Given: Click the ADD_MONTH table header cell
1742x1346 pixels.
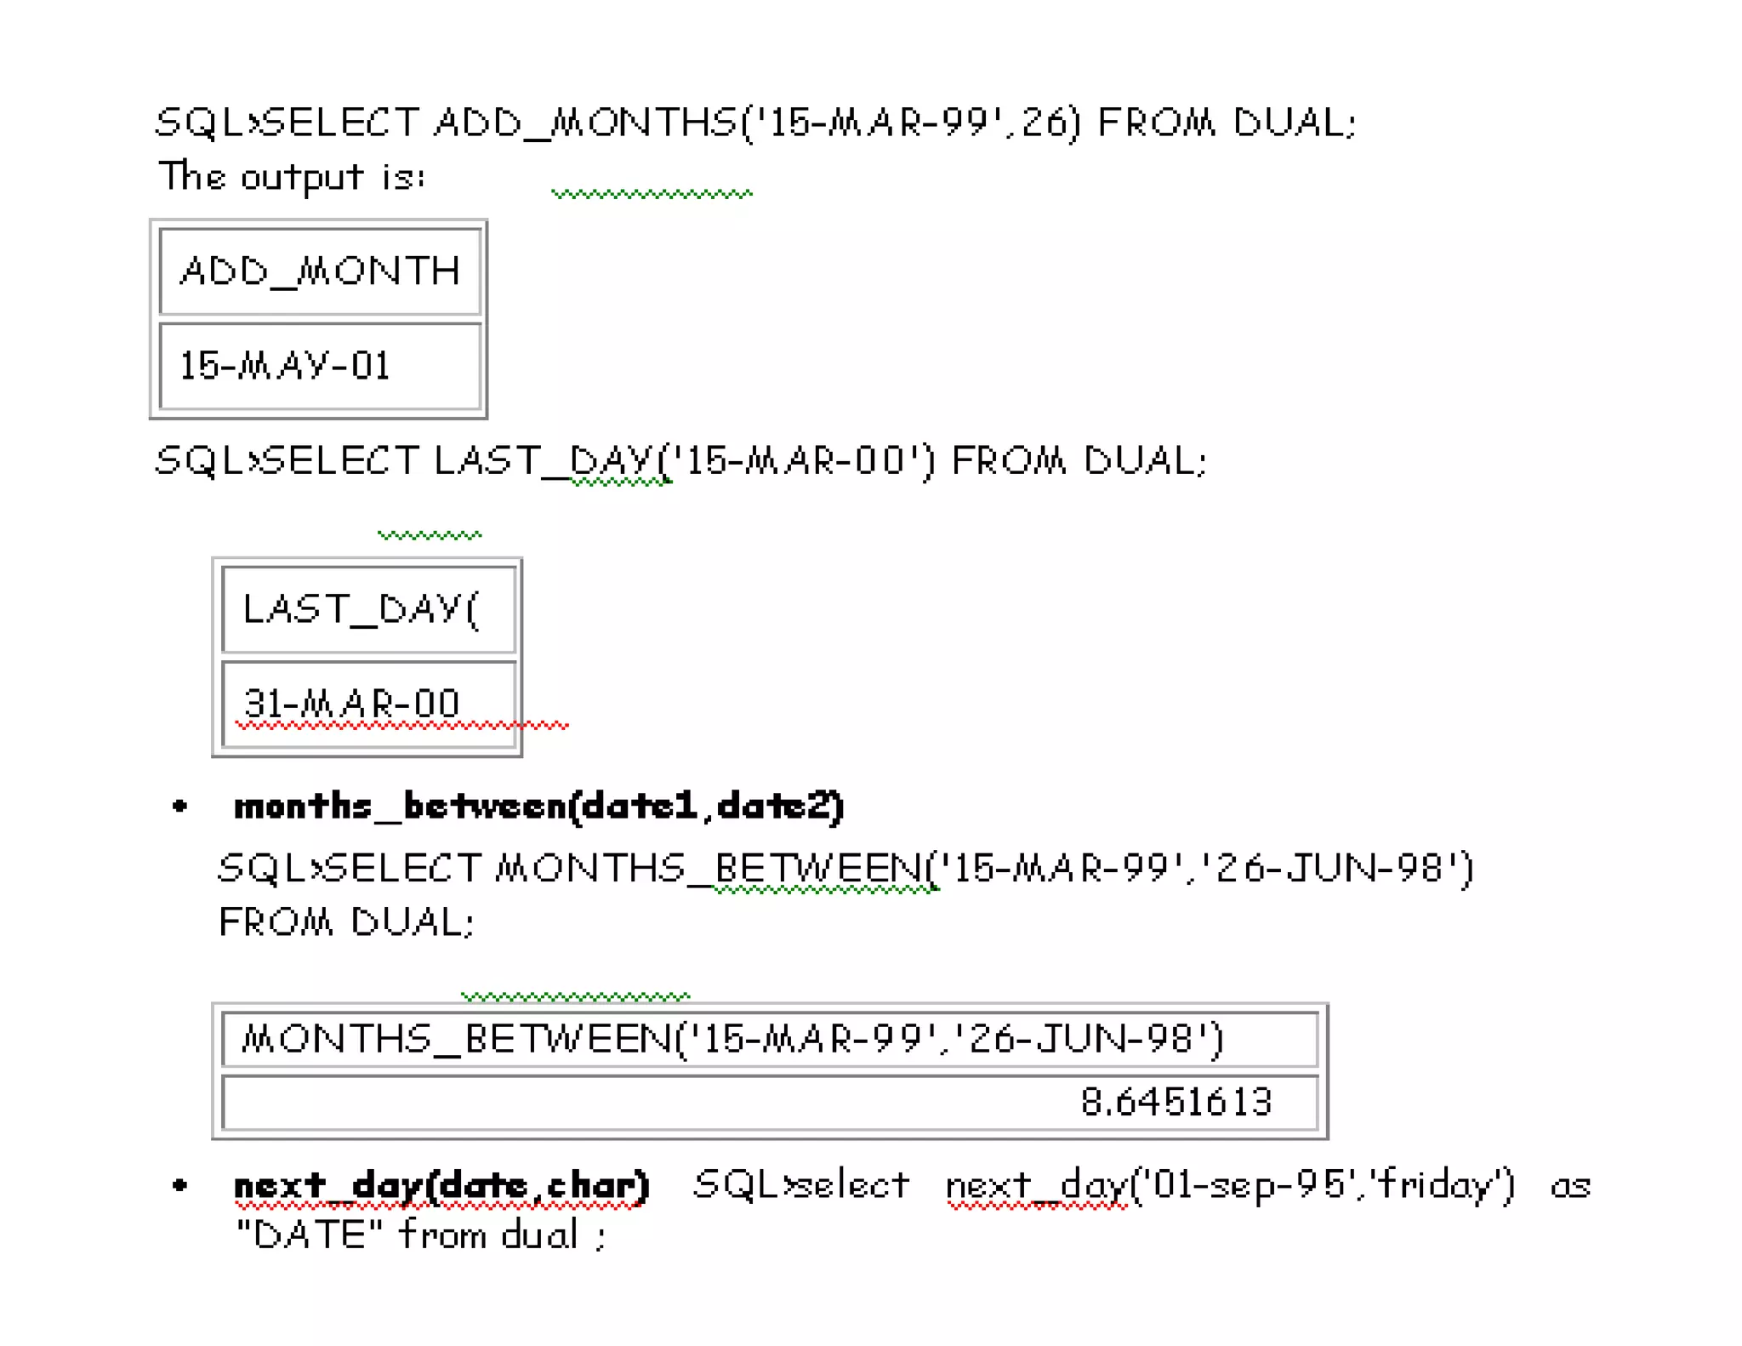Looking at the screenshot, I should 320,271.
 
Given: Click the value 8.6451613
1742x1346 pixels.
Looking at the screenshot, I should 1176,1102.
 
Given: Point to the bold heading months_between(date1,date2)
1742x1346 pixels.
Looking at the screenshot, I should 538,806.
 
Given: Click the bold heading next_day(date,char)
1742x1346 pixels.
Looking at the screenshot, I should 441,1185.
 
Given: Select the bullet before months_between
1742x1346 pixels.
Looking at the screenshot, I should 179,806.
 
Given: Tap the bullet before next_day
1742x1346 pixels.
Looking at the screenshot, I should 179,1185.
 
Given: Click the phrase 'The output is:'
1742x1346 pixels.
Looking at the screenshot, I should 292,177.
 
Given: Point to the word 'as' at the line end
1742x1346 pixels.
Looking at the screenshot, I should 1570,1186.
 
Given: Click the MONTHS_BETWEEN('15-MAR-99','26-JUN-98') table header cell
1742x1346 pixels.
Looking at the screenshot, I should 732,1039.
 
